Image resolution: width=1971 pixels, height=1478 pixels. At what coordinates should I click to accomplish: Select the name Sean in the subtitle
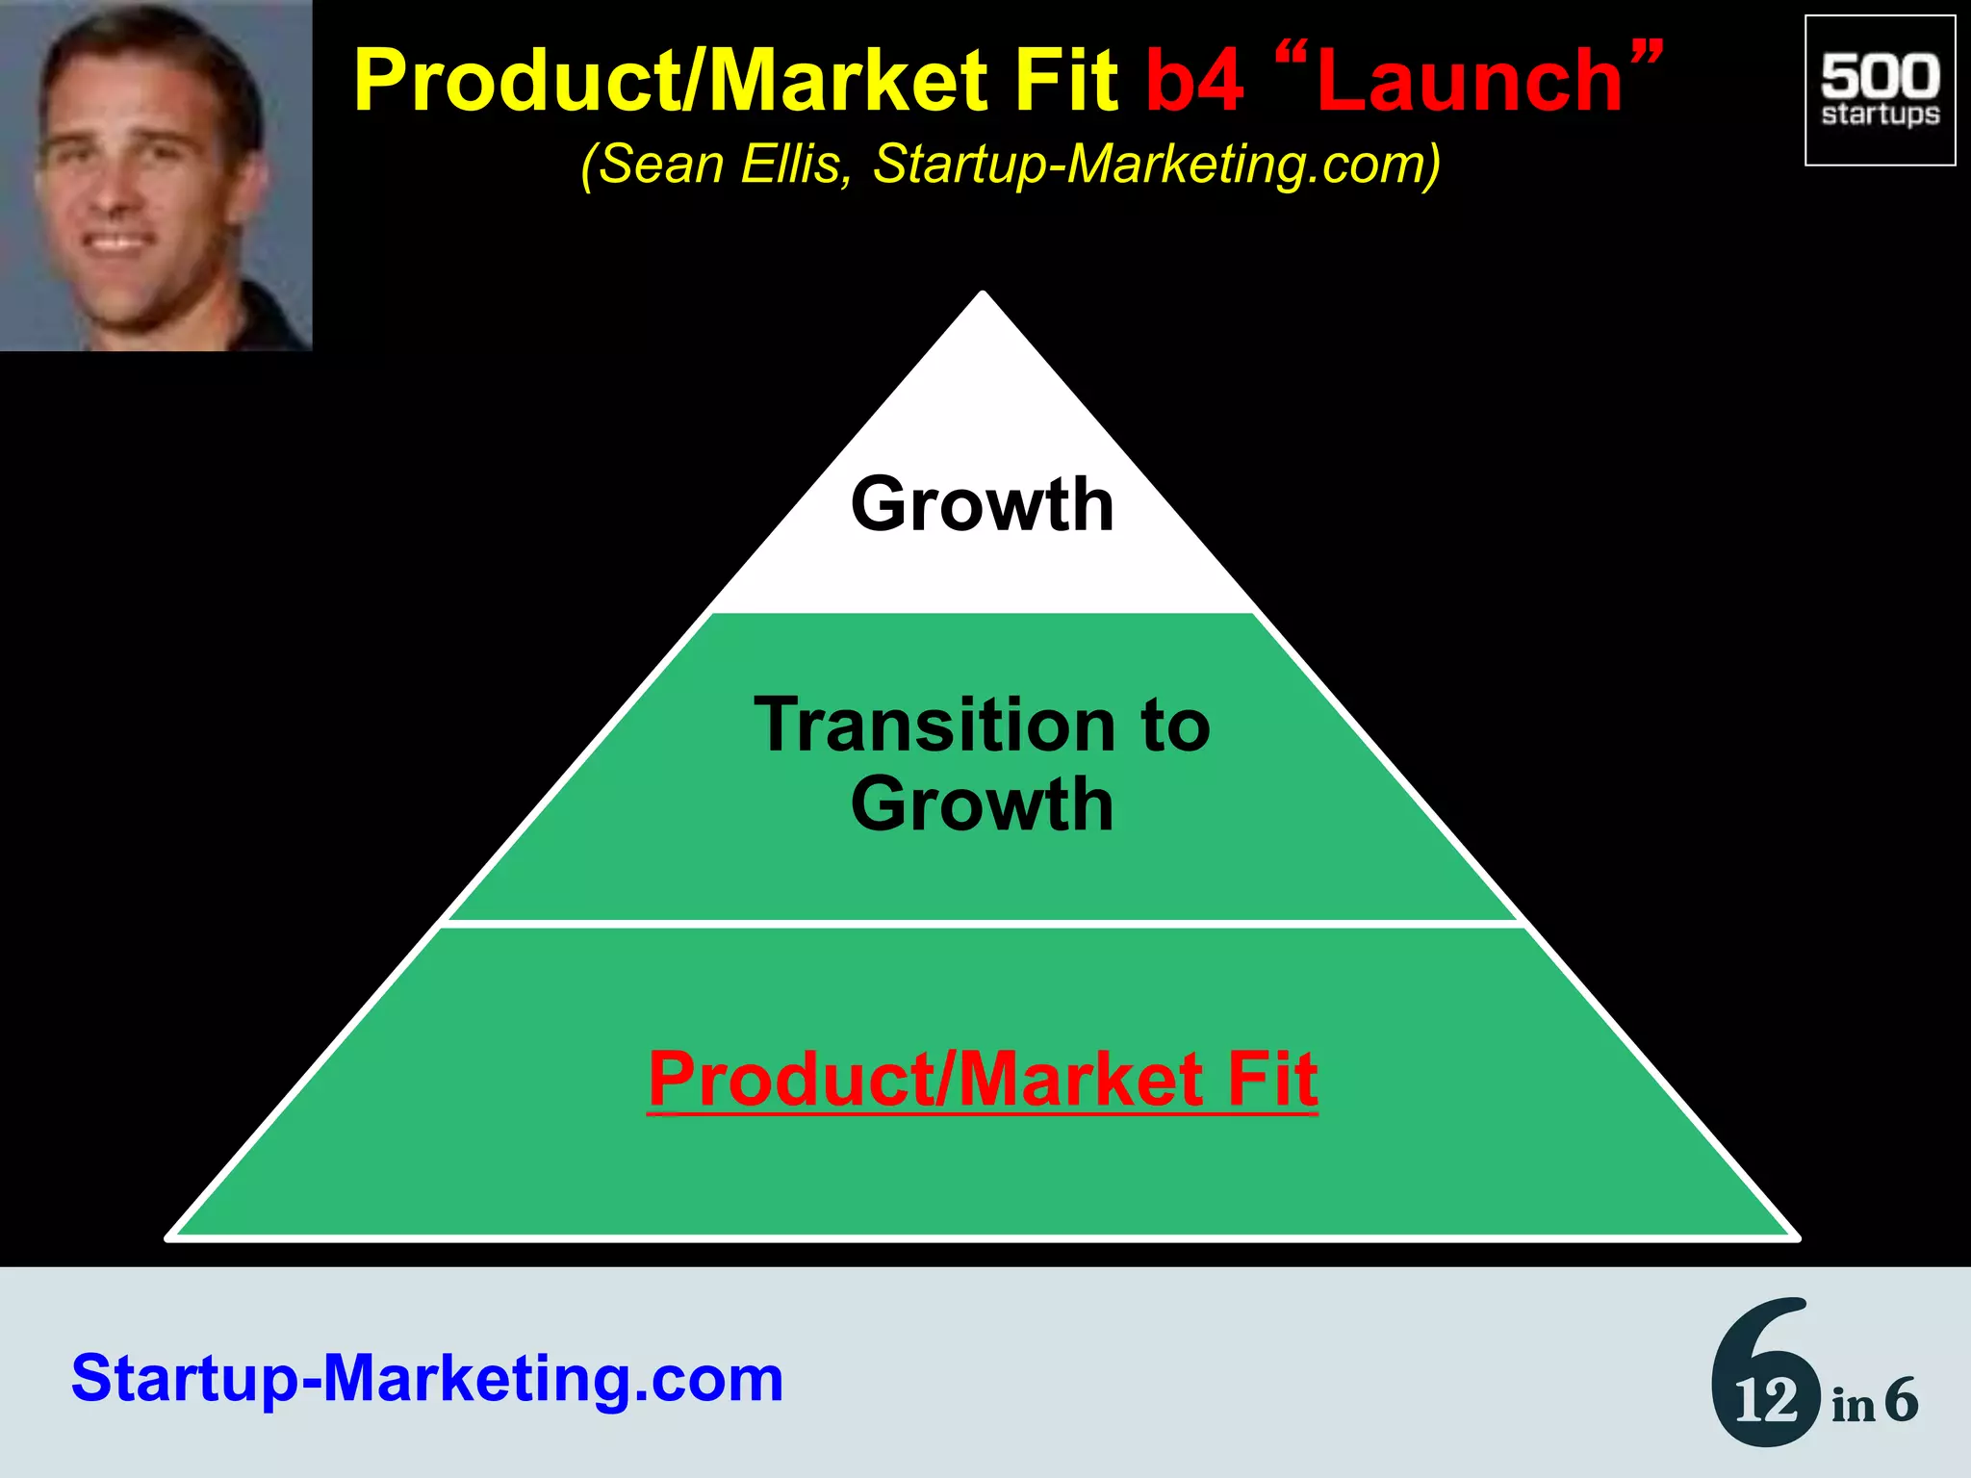pos(663,165)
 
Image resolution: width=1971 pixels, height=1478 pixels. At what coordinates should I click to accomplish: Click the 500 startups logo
pos(1880,90)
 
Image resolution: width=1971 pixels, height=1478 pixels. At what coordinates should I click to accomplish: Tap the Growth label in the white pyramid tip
pos(983,504)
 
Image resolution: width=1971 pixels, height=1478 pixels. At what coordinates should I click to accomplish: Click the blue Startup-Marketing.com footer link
pos(427,1378)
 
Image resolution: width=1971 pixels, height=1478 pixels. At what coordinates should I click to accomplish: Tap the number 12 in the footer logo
pos(1765,1401)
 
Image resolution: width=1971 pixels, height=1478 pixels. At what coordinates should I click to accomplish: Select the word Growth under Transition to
pos(983,804)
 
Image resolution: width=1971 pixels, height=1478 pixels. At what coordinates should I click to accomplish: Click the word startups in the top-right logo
pos(1880,115)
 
